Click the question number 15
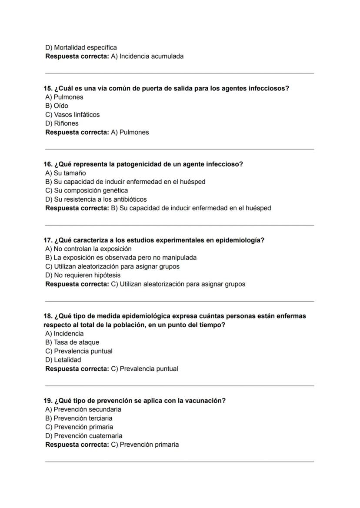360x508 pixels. tap(47, 88)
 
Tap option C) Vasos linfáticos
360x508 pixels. tap(72, 115)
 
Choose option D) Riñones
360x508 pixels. tap(62, 123)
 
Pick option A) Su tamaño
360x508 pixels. tap(66, 173)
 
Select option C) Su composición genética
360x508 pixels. tap(87, 190)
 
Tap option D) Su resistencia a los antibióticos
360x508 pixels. tap(96, 199)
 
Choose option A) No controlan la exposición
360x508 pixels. tap(88, 249)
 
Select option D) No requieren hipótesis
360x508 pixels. tap(83, 275)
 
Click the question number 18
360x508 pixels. tap(47, 316)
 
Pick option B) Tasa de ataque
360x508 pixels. tap(72, 342)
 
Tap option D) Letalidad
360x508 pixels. tap(63, 360)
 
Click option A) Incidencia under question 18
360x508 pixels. tap(64, 333)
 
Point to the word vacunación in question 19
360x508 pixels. tap(205, 401)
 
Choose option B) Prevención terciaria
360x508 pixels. tap(79, 418)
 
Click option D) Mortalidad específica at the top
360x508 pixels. tap(81, 47)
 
